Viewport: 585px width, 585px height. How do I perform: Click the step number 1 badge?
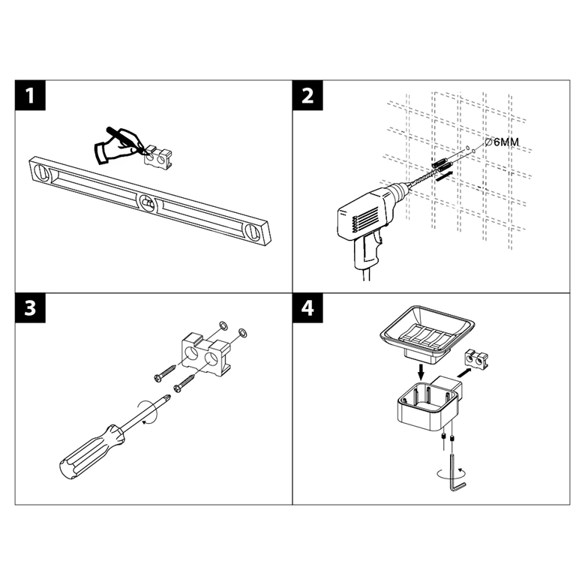click(x=30, y=95)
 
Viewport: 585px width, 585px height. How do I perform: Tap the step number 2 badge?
click(x=307, y=95)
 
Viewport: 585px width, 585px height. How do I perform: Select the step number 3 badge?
click(x=30, y=307)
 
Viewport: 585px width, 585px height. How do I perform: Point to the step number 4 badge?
click(x=307, y=307)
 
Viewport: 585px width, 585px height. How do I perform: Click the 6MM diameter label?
click(x=502, y=142)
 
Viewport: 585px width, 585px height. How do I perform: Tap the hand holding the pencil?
click(x=118, y=145)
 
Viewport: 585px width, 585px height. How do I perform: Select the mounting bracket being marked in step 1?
click(x=159, y=157)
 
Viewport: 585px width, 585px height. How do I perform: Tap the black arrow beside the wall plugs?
click(x=445, y=175)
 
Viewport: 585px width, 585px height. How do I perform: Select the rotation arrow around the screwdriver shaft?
click(x=148, y=412)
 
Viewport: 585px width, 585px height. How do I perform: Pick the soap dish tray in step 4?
click(x=427, y=333)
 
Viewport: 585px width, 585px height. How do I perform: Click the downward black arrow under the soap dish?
click(x=421, y=372)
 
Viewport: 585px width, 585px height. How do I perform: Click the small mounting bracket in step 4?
click(x=476, y=358)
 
